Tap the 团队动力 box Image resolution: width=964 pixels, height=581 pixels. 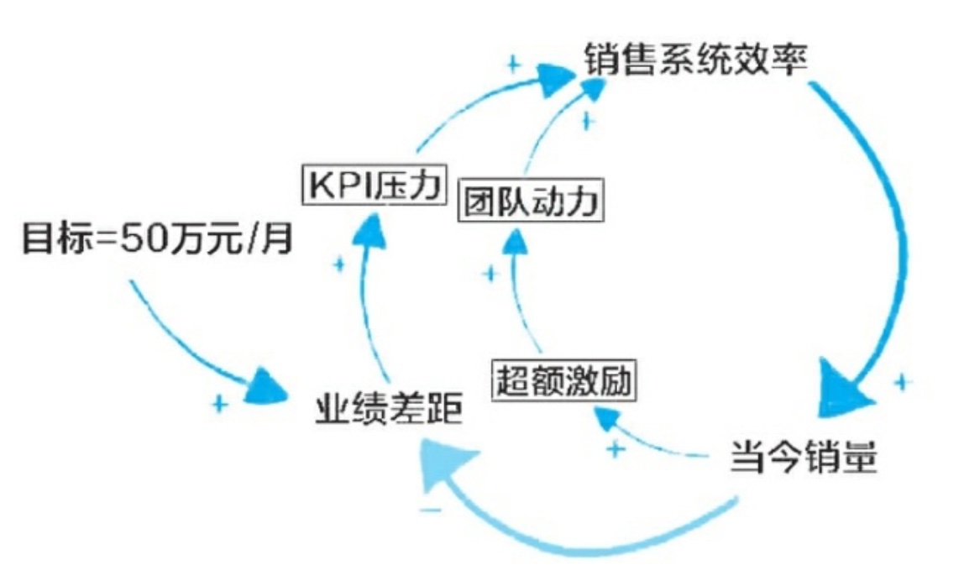point(532,202)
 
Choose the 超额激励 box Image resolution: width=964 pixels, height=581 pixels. point(563,382)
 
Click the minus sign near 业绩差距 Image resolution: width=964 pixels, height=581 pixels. point(431,510)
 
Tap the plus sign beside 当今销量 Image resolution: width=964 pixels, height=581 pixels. point(902,382)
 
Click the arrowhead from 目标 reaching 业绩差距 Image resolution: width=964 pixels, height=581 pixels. point(270,387)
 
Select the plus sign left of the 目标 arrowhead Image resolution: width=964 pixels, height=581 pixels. point(219,404)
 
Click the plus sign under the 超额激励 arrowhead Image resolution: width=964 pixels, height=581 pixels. point(616,449)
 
